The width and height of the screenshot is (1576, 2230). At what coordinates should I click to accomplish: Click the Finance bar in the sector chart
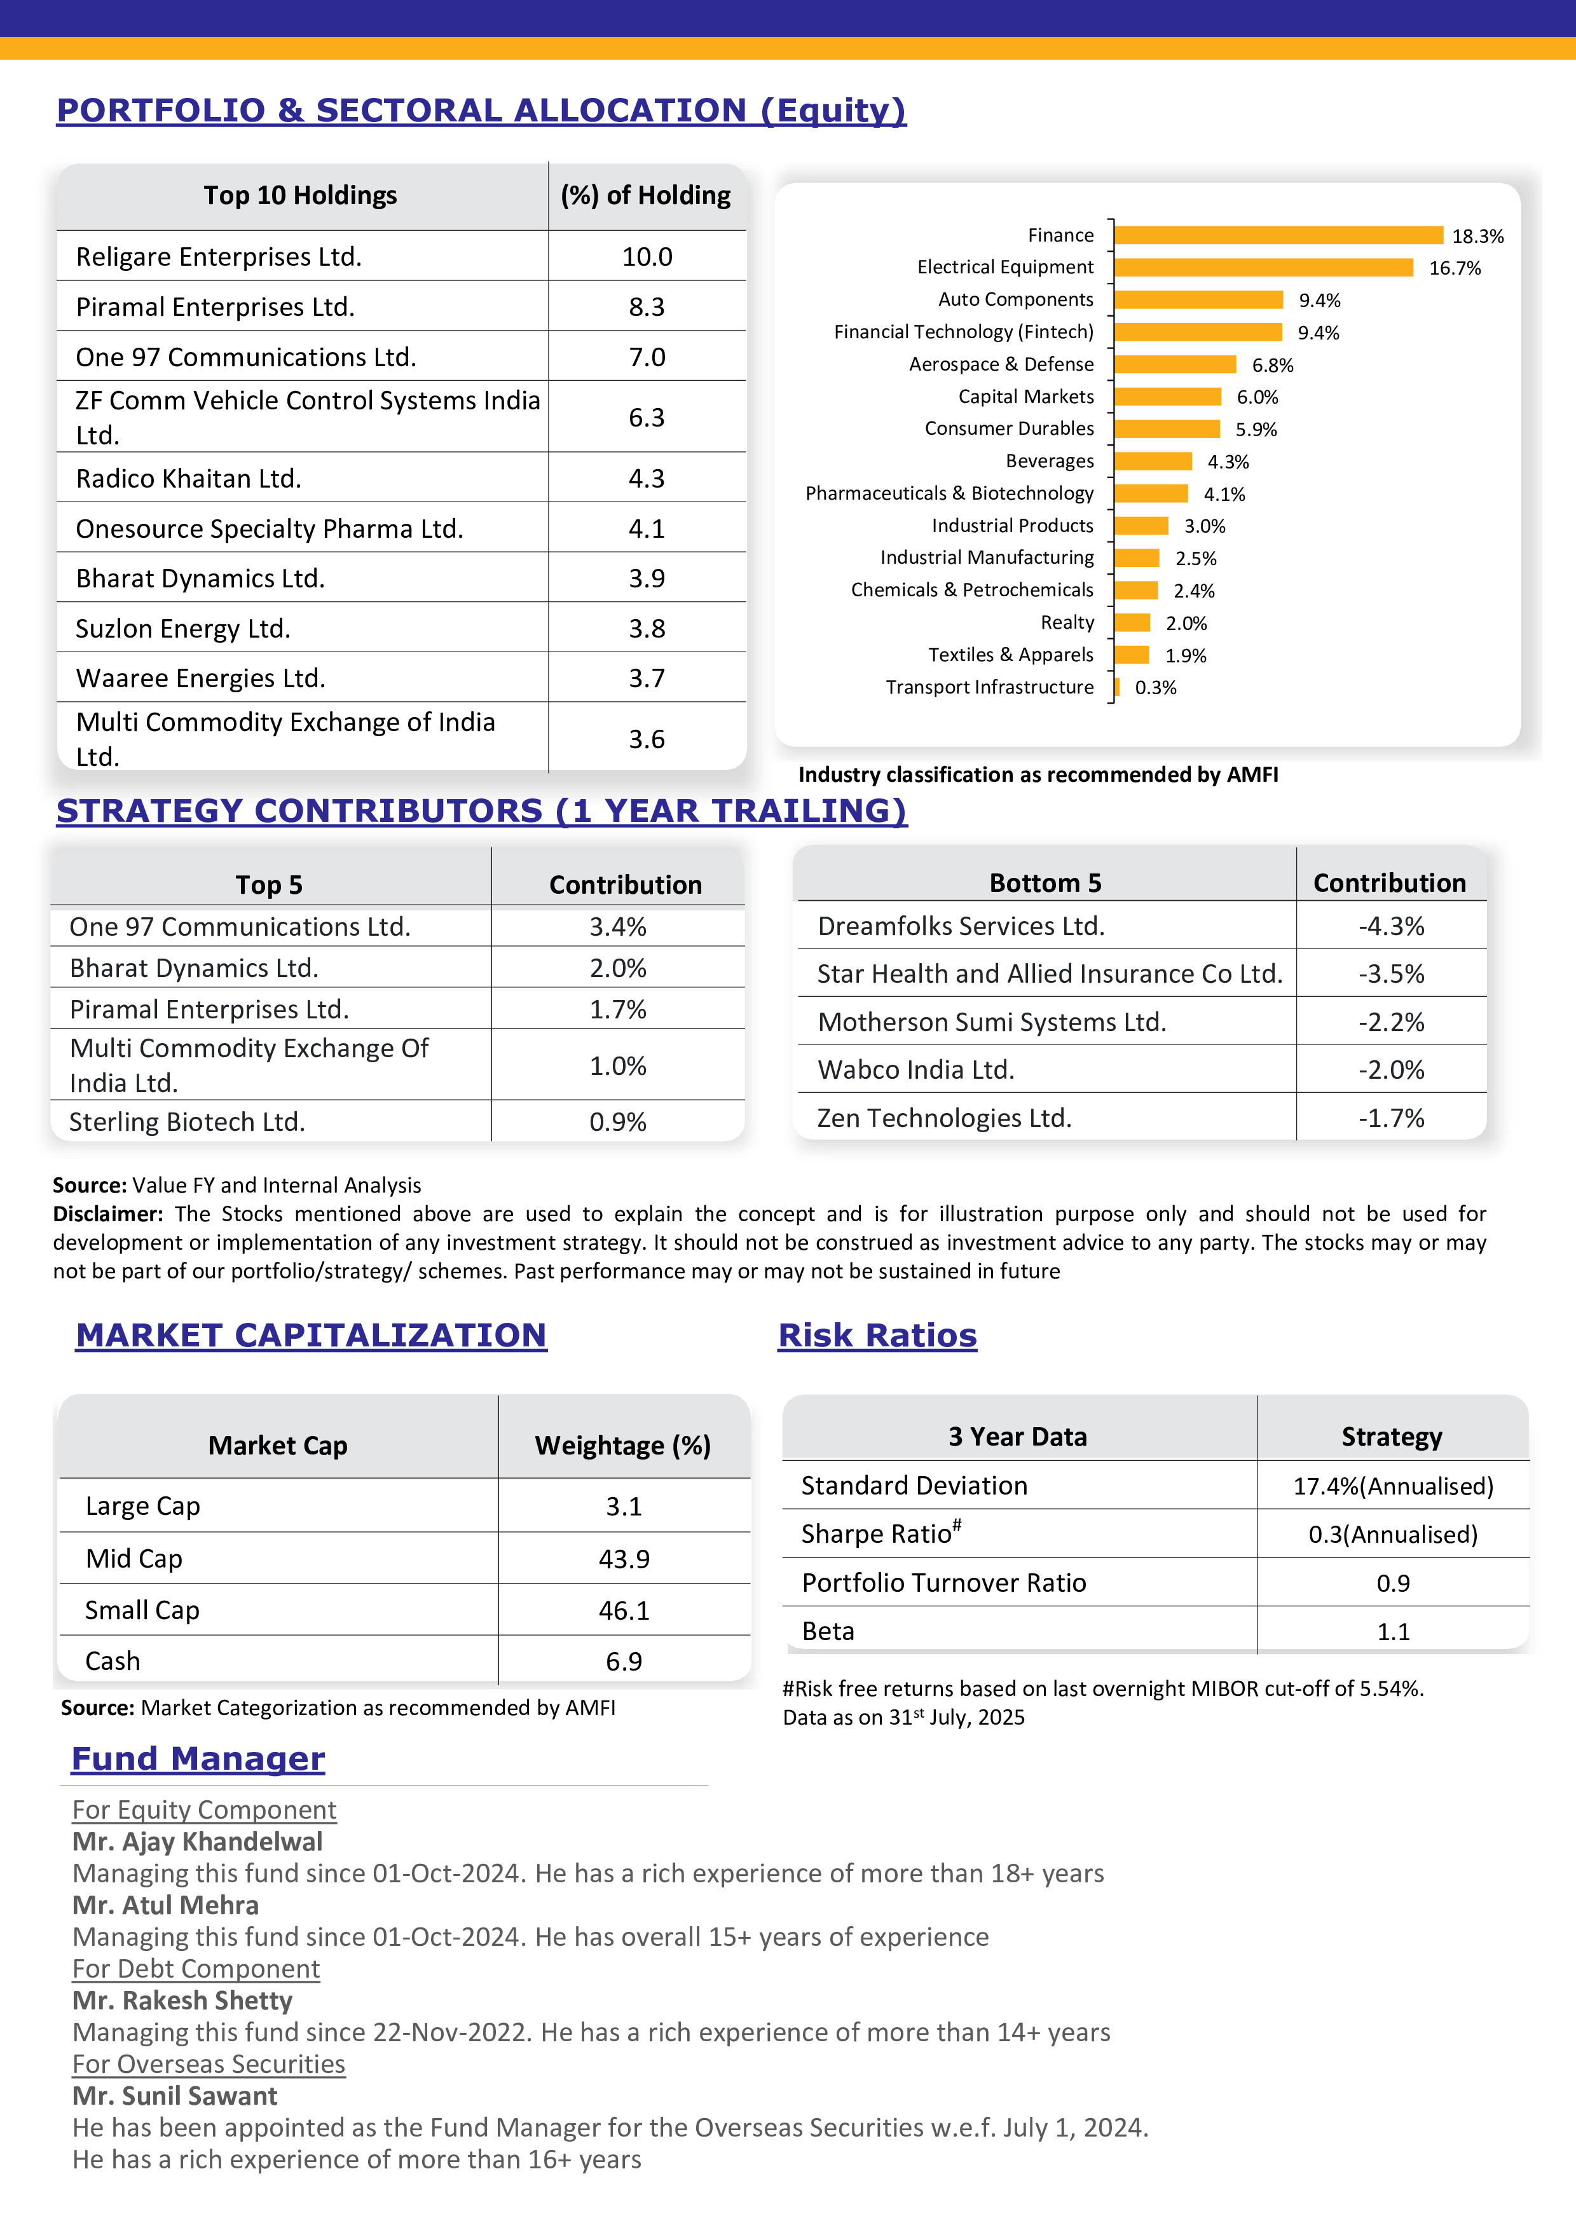pyautogui.click(x=1278, y=235)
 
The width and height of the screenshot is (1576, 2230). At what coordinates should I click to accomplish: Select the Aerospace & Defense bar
pyautogui.click(x=1175, y=364)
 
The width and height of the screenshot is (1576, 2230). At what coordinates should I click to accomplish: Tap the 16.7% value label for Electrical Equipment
pyautogui.click(x=1455, y=268)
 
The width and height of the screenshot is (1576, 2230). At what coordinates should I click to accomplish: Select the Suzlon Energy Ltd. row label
pyautogui.click(x=182, y=629)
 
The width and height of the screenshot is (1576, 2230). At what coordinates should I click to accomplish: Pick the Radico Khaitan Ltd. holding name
pyautogui.click(x=188, y=479)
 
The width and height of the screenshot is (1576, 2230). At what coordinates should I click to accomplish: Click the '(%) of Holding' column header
pyautogui.click(x=646, y=195)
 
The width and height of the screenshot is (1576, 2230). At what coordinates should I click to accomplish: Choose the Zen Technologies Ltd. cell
pyautogui.click(x=944, y=1118)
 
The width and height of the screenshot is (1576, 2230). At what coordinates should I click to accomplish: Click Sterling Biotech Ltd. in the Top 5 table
pyautogui.click(x=186, y=1122)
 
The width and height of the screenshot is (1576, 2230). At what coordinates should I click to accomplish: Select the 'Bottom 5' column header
pyautogui.click(x=1045, y=883)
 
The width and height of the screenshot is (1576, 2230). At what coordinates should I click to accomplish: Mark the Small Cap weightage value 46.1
pyautogui.click(x=624, y=1610)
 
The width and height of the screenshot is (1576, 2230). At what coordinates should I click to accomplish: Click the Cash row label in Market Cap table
pyautogui.click(x=113, y=1661)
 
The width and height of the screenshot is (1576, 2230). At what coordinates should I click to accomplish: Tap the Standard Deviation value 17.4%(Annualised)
pyautogui.click(x=1392, y=1486)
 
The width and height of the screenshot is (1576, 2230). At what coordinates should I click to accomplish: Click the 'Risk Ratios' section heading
pyautogui.click(x=877, y=1336)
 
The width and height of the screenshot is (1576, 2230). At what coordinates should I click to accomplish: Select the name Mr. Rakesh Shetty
pyautogui.click(x=182, y=2000)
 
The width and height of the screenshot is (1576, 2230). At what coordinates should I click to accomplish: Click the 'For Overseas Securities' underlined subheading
pyautogui.click(x=209, y=2064)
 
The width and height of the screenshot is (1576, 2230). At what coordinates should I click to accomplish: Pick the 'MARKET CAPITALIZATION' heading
pyautogui.click(x=311, y=1336)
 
